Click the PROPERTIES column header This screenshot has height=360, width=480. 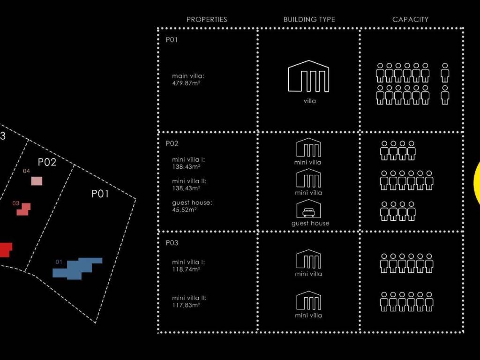[207, 19]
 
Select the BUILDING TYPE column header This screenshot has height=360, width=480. [309, 19]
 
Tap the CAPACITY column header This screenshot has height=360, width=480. [410, 19]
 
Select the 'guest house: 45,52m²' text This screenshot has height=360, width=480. [192, 206]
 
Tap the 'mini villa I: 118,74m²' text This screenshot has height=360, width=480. [188, 265]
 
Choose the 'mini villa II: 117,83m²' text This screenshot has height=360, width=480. [189, 301]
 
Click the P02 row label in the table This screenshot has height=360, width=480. [172, 143]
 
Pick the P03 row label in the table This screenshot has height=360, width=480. [172, 243]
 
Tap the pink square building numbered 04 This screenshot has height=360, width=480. [37, 180]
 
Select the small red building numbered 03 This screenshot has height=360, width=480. [23, 209]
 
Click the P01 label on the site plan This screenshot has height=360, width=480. [100, 194]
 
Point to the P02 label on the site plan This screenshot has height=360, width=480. [47, 162]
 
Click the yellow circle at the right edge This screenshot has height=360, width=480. [477, 183]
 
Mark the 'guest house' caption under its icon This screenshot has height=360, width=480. [310, 223]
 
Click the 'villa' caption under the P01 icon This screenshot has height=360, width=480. [310, 101]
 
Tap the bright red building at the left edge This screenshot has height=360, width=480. [5, 249]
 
